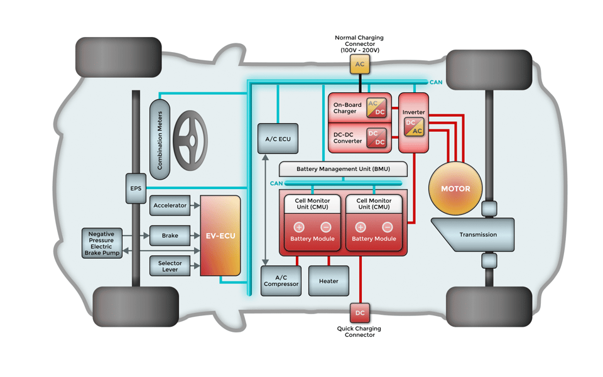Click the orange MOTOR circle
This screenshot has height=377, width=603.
[455, 188]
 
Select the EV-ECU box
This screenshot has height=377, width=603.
[220, 236]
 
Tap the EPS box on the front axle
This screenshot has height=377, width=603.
[136, 188]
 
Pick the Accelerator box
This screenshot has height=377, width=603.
[170, 205]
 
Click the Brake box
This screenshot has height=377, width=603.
[170, 236]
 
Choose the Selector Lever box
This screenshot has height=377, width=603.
[170, 266]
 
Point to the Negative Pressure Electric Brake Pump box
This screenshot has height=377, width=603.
[101, 243]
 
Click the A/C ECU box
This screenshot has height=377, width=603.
[278, 139]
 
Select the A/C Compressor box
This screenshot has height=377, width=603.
[281, 281]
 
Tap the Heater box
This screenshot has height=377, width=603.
[329, 281]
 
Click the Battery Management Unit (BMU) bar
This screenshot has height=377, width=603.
[343, 169]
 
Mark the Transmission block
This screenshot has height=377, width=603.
[477, 235]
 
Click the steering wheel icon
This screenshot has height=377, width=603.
[190, 140]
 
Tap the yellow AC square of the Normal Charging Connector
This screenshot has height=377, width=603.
[360, 64]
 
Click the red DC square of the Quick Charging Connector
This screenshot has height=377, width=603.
[360, 313]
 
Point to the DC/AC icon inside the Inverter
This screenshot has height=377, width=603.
[414, 127]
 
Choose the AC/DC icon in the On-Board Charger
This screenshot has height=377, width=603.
[376, 107]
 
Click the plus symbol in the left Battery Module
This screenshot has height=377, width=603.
[299, 227]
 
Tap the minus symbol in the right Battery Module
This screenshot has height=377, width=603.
[388, 227]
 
